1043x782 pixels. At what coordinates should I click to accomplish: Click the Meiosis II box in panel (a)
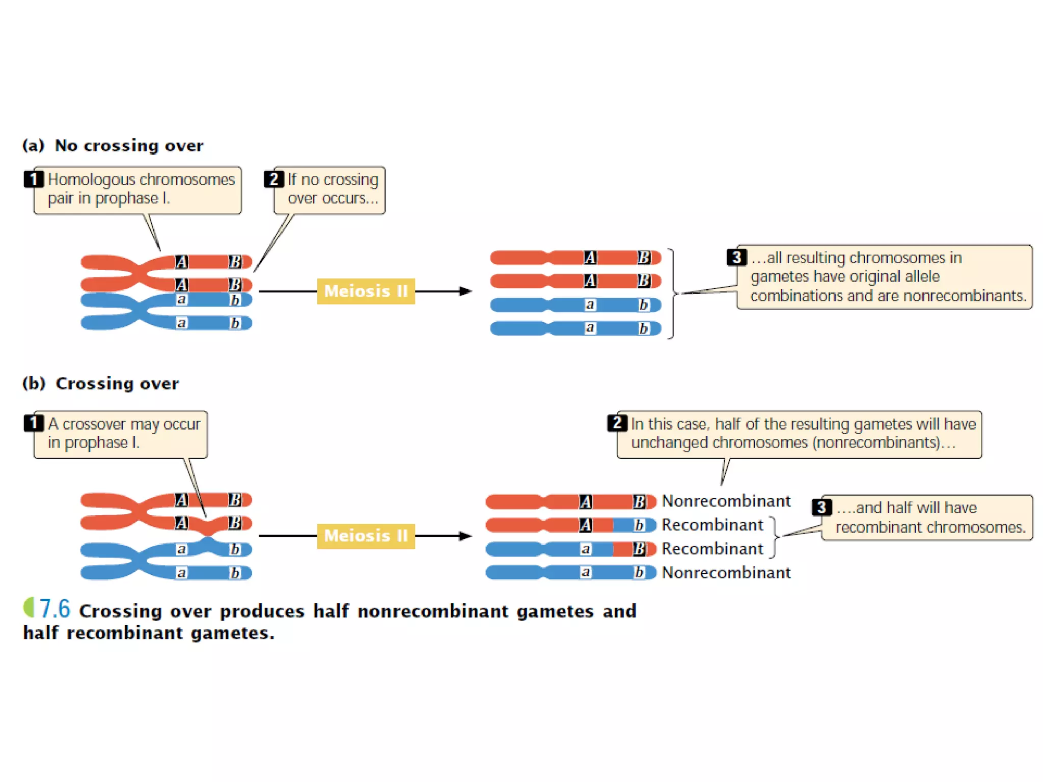(x=366, y=291)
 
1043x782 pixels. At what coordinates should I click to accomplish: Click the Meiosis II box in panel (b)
(x=366, y=536)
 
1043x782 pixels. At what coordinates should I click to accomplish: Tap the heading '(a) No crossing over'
(x=113, y=146)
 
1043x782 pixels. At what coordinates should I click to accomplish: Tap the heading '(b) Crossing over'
(x=101, y=383)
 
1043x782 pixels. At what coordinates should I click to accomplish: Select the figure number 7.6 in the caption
(x=54, y=609)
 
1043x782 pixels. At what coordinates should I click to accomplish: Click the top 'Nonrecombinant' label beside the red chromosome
(x=726, y=501)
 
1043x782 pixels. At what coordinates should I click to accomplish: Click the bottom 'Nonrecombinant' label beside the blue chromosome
(x=726, y=573)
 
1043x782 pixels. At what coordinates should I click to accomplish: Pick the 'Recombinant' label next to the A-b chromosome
(x=712, y=525)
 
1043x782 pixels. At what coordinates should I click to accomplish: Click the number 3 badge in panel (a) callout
(x=736, y=257)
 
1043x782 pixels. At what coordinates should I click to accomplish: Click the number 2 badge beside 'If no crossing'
(x=273, y=179)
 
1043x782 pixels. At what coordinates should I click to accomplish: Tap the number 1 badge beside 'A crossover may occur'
(x=34, y=423)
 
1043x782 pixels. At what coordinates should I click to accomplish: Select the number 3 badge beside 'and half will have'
(x=821, y=507)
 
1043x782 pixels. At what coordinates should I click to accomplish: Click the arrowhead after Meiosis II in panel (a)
(x=465, y=291)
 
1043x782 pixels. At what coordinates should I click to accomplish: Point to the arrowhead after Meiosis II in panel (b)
(x=465, y=536)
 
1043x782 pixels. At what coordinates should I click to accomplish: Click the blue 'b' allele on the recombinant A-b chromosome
(x=639, y=525)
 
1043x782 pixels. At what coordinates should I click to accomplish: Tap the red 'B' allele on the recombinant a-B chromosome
(x=639, y=549)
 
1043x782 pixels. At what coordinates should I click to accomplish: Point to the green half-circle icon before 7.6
(x=29, y=607)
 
